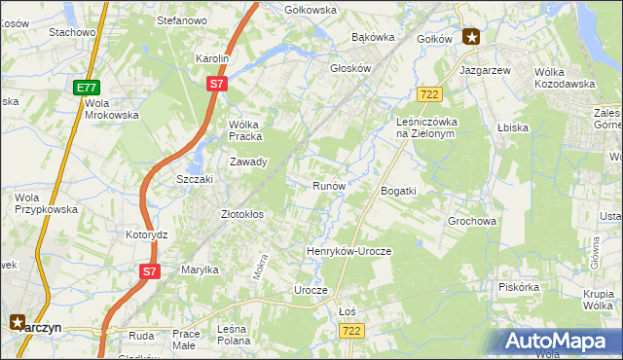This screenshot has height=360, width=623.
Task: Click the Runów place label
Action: [329, 185]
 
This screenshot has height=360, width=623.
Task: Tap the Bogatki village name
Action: [398, 191]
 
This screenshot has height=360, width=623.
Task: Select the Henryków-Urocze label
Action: [348, 251]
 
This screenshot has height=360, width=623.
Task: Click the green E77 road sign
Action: [86, 88]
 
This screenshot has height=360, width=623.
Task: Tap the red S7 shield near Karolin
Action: [217, 85]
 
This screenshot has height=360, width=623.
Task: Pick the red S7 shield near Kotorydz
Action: [148, 271]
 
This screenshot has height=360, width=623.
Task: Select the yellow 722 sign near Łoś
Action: [351, 332]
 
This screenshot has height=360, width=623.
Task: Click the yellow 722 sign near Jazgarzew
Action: [429, 93]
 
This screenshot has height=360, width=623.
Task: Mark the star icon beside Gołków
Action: [472, 38]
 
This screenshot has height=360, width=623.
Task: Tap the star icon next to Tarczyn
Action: [18, 321]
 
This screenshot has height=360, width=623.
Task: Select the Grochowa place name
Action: [472, 221]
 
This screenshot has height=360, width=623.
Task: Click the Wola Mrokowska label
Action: [111, 108]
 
